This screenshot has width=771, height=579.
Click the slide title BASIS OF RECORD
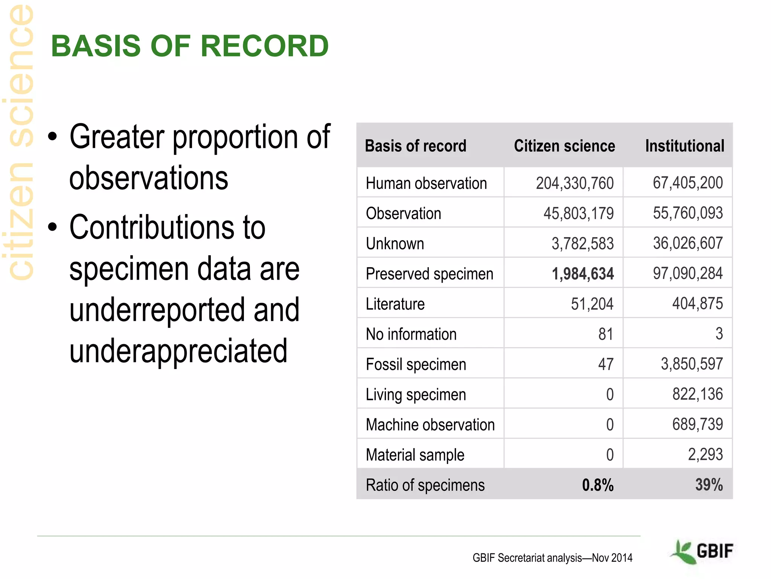pos(190,46)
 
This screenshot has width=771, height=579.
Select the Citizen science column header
pos(564,146)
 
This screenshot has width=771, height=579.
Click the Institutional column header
pos(684,146)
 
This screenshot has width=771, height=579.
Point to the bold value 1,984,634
pos(582,274)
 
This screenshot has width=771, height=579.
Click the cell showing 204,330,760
pos(574,183)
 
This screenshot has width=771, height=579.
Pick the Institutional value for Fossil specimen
pos(692,364)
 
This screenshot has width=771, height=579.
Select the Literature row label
pos(395,304)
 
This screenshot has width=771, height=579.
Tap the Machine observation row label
pos(430,425)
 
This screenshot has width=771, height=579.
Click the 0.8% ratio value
pos(597,485)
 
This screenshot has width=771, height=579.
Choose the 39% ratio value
pos(709,485)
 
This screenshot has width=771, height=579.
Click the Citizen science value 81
pos(605,334)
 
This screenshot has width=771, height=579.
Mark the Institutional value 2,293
pos(705,455)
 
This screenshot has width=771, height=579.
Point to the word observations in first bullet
pos(149,178)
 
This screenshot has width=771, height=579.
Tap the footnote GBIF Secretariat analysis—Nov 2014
pos(552,558)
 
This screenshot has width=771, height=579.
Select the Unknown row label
pos(395,244)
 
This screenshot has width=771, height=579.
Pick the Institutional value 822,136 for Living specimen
pos(697,394)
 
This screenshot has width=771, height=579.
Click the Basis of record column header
pos(415,146)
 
